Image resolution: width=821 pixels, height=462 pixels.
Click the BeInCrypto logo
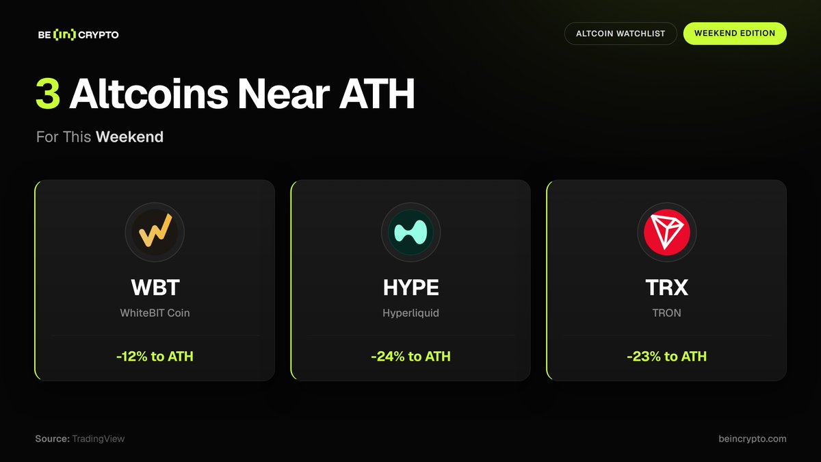pos(79,35)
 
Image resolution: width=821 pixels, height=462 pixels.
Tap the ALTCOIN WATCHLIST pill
pos(621,34)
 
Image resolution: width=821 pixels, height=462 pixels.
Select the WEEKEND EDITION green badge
pos(735,34)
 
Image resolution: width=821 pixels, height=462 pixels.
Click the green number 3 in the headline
pos(48,94)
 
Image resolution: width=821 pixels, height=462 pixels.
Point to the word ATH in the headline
pos(377,94)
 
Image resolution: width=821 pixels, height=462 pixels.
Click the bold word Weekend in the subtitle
pos(130,137)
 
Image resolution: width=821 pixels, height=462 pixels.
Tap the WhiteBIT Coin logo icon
pos(155,233)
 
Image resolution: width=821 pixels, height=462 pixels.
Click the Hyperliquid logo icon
pos(410,233)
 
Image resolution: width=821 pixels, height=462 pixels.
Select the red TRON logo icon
pos(666,233)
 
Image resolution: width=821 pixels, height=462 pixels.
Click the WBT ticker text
pos(155,287)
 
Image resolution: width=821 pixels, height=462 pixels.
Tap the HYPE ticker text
pos(411,287)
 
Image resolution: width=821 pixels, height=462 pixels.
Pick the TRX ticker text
pos(666,287)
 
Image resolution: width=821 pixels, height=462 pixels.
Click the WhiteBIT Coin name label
pos(155,313)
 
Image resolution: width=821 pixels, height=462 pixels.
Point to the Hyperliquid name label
pos(411,313)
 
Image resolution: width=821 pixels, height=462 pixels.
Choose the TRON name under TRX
pos(666,313)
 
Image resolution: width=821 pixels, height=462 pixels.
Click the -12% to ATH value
pos(155,357)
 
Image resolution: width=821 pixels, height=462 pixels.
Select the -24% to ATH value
pos(411,357)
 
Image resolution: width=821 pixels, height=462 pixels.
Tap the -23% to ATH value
pos(666,357)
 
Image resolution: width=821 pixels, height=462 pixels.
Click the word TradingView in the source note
pos(99,439)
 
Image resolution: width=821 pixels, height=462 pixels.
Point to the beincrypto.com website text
pos(753,439)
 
